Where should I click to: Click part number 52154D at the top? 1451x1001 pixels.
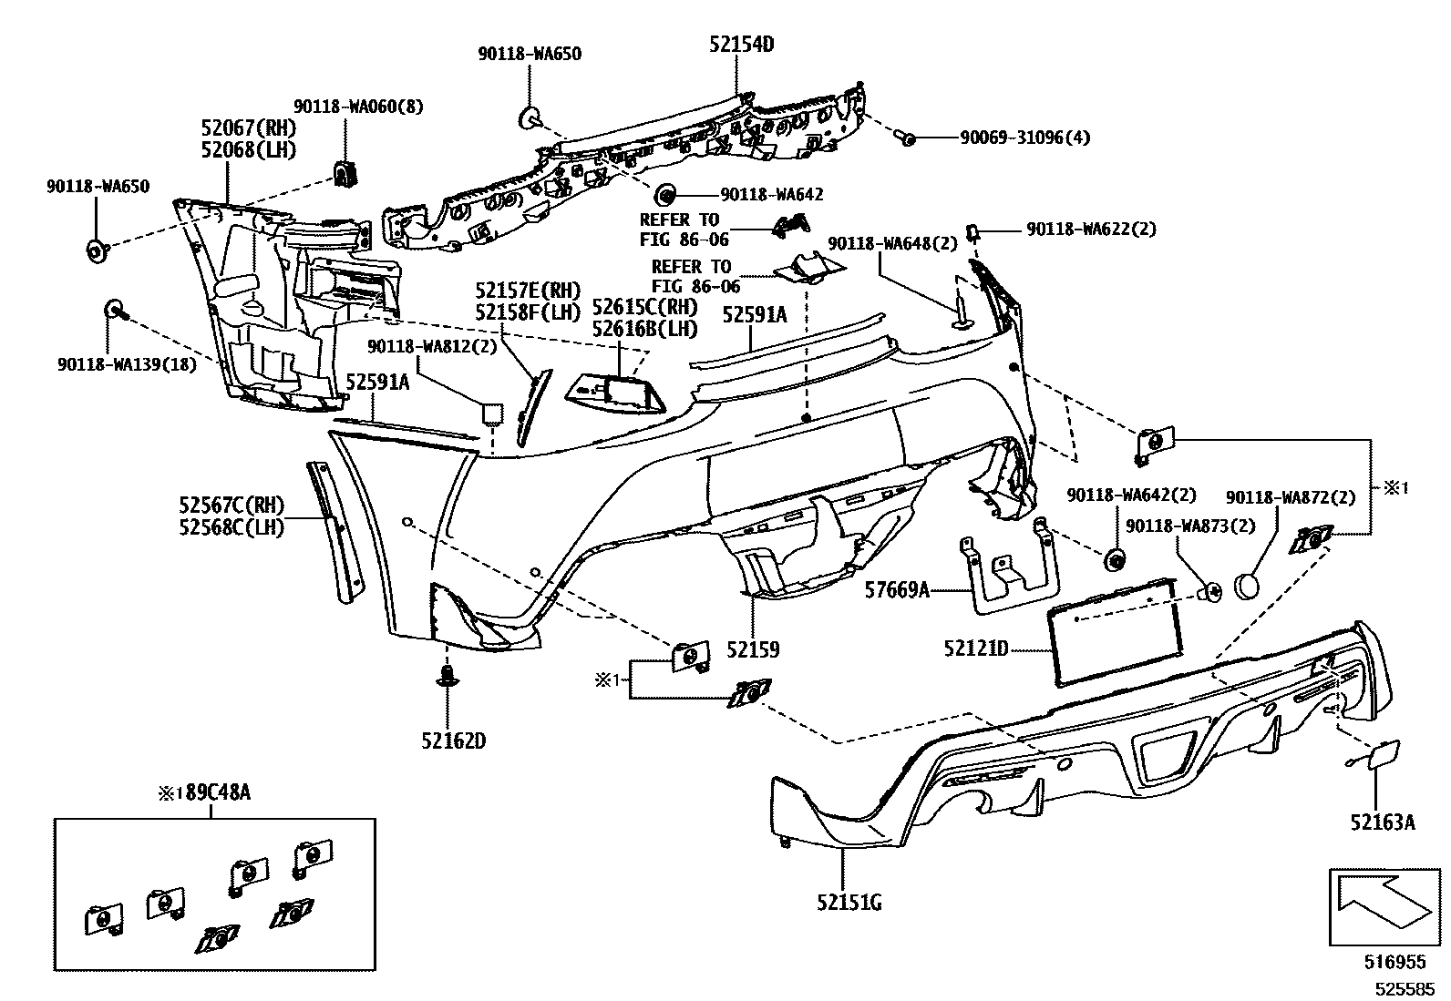coord(743,44)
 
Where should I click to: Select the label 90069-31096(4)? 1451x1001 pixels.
coord(1024,138)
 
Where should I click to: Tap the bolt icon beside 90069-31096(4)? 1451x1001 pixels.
coord(906,138)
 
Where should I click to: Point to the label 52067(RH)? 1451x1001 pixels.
coord(249,128)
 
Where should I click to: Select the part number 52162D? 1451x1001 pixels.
coord(453,741)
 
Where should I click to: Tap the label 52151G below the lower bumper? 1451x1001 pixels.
coord(849,903)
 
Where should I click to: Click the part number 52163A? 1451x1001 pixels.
coord(1383,822)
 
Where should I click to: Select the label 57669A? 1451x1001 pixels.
coord(896,590)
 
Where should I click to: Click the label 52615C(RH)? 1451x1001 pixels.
coord(644,308)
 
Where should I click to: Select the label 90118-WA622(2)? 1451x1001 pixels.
coord(1091,230)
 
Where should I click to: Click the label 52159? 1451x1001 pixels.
coord(753,649)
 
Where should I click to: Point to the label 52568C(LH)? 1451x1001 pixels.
coord(232,526)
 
